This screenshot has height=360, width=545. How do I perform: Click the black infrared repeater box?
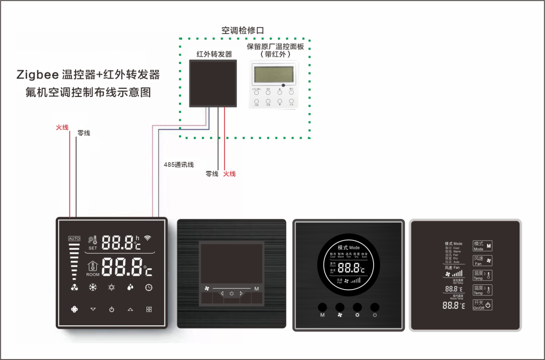(x=213, y=83)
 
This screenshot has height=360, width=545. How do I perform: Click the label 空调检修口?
(x=243, y=31)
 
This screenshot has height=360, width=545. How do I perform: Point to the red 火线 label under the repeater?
(x=229, y=174)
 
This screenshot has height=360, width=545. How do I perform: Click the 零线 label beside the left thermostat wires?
(x=84, y=133)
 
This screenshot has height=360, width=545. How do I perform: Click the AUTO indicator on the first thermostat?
(x=73, y=238)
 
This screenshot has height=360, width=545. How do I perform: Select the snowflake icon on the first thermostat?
(x=93, y=288)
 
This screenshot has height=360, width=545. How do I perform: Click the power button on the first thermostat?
(x=111, y=309)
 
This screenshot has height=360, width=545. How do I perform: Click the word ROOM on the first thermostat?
(x=93, y=275)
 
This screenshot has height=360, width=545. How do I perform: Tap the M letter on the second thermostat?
(x=257, y=289)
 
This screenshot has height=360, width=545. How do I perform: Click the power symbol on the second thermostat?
(x=232, y=294)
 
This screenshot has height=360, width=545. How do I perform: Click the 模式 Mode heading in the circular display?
(x=349, y=248)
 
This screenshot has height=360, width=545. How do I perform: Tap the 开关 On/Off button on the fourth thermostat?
(x=482, y=306)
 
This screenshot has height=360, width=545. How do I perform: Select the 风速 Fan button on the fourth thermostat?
(x=482, y=261)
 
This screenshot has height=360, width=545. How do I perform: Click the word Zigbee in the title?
(x=37, y=75)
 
